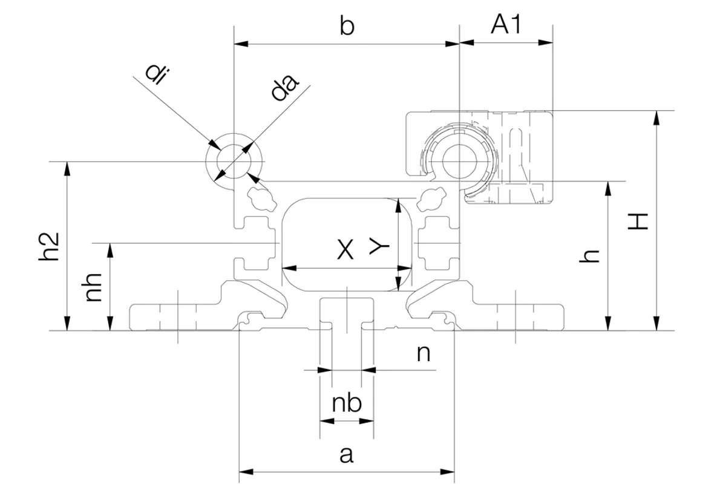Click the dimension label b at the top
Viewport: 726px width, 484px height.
tap(347, 26)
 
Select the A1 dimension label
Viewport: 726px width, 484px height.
tap(506, 24)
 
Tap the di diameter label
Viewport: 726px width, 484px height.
tap(157, 74)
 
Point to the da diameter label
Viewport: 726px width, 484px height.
tap(284, 88)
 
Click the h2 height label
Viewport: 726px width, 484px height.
tap(49, 247)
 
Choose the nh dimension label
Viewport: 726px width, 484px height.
tap(93, 287)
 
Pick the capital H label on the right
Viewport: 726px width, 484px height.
tap(638, 221)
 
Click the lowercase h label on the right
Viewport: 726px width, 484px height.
tap(589, 256)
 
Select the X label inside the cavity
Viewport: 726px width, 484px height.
tap(345, 250)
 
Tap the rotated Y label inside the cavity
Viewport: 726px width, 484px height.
tap(379, 246)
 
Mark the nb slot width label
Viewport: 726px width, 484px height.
tap(347, 404)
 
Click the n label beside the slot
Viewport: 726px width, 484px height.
tap(423, 354)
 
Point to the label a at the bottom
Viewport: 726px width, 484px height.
tap(347, 454)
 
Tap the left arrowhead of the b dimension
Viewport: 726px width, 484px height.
tap(241, 44)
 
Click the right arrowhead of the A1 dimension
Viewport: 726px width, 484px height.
tap(546, 42)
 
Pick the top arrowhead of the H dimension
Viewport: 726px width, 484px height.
tap(656, 118)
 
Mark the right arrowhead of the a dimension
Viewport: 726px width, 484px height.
tap(447, 472)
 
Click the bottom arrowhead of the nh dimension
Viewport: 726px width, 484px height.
tap(110, 324)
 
